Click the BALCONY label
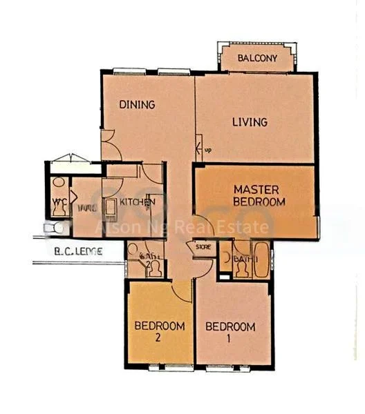point(257,59)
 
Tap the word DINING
point(136,105)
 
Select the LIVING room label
point(250,122)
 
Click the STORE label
point(203,246)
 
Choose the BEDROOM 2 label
point(159,331)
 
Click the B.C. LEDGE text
point(77,252)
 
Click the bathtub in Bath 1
point(261,261)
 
